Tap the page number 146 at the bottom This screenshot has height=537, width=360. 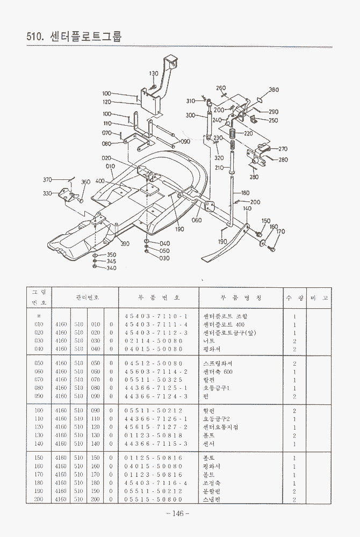178,513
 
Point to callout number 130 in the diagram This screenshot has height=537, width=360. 154,74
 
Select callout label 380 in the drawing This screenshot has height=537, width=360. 273,90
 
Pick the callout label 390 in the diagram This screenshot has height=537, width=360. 125,244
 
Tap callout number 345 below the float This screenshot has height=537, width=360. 111,262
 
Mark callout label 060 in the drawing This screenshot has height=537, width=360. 197,220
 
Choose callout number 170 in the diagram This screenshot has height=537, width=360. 280,232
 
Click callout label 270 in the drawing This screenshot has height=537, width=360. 283,149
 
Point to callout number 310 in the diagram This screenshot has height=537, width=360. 191,101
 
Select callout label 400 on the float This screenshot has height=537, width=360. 100,181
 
